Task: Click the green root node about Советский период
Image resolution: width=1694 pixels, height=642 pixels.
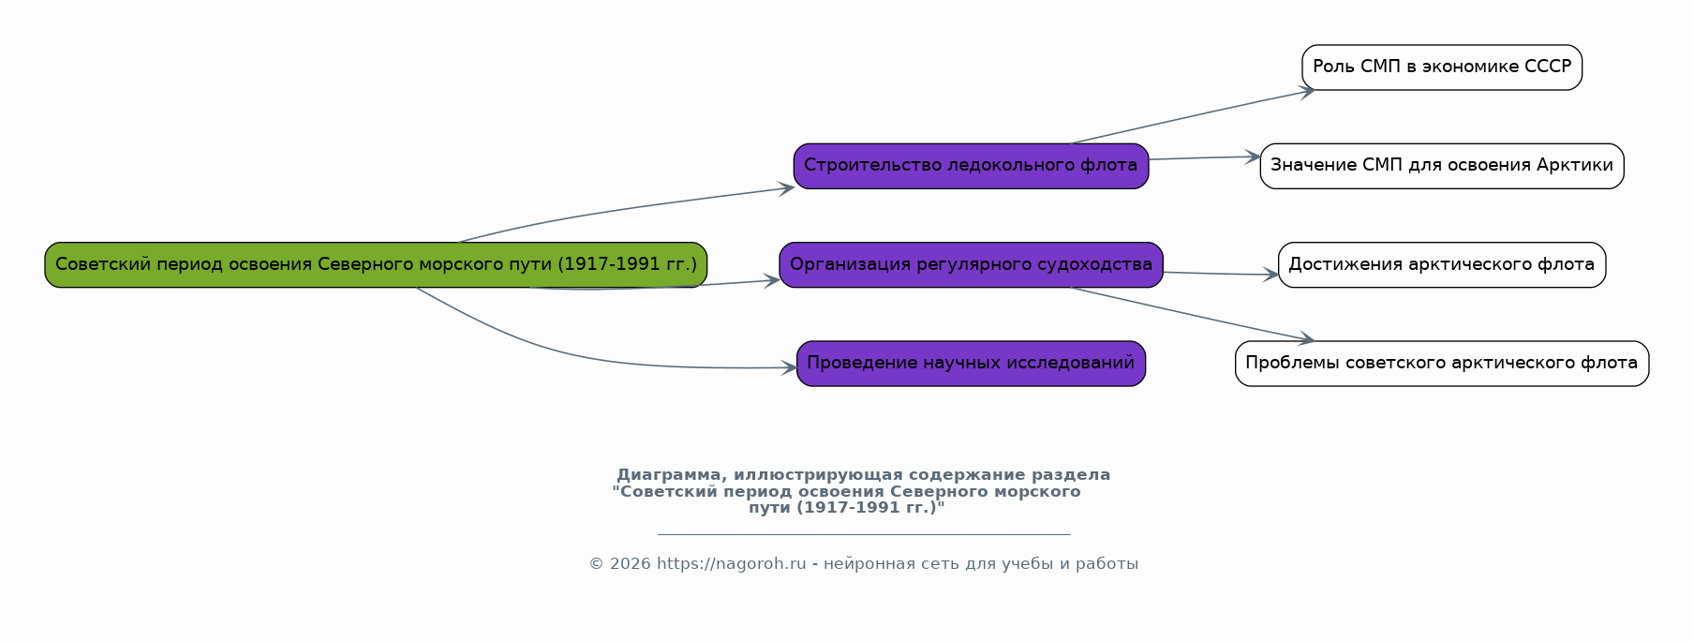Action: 281,264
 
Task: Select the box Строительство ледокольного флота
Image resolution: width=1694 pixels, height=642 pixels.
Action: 971,166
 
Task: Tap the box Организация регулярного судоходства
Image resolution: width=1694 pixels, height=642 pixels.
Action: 971,264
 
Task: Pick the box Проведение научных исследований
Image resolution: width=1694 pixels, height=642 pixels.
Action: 971,364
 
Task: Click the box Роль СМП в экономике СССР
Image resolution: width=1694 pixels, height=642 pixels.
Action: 1441,67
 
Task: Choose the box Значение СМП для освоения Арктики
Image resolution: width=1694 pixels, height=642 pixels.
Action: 1441,166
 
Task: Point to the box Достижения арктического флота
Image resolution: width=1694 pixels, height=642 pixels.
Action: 1441,264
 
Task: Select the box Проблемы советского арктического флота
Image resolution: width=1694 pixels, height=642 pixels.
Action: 1441,364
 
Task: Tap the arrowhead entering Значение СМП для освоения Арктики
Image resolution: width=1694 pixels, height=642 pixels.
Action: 1253,157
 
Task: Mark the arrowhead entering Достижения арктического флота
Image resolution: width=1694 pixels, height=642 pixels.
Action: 1271,275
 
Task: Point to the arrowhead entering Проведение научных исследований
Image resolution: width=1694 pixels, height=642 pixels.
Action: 789,368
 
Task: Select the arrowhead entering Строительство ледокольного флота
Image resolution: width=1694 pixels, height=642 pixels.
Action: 787,188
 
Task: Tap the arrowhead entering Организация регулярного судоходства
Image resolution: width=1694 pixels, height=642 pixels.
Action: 773,279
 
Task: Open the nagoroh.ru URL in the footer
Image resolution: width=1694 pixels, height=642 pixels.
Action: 731,564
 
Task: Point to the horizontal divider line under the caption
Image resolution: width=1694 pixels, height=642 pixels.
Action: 863,534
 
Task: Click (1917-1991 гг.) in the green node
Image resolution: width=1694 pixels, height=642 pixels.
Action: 627,264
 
